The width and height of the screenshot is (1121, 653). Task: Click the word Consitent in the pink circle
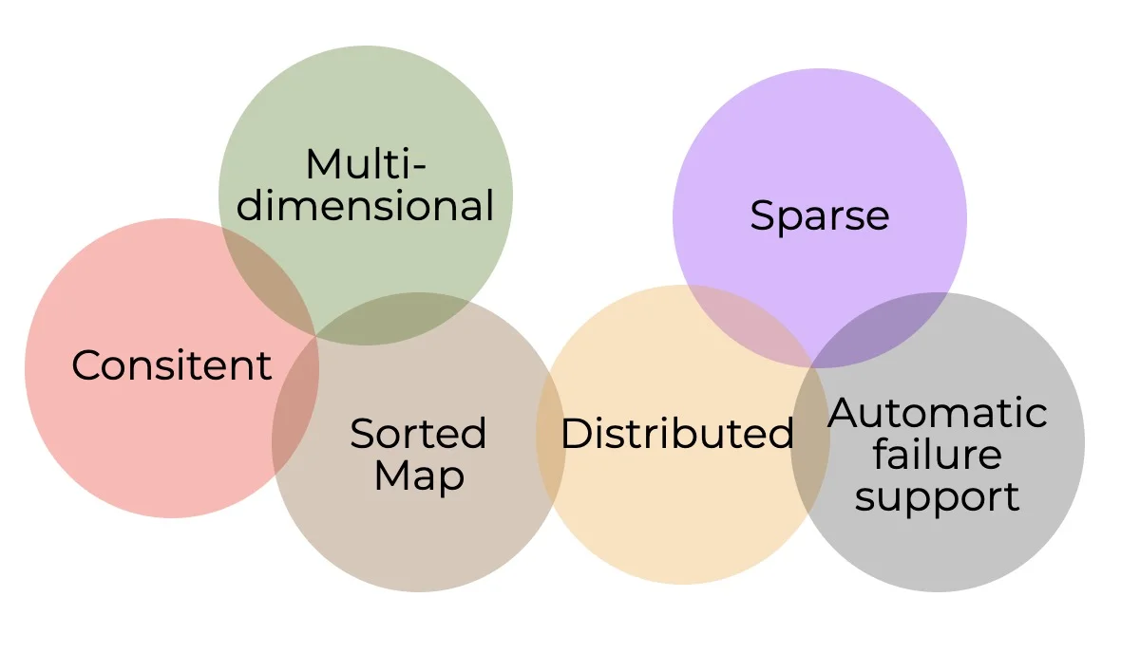(172, 365)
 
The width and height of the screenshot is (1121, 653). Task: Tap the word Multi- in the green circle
(366, 164)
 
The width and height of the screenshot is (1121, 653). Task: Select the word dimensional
(366, 206)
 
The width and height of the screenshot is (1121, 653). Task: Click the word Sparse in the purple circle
(819, 215)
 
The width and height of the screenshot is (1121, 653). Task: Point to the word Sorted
(418, 434)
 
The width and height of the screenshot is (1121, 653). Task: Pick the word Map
(420, 476)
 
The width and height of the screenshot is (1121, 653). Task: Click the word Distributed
(677, 433)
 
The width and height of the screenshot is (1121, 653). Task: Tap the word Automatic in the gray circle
(938, 412)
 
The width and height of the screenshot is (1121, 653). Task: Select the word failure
(938, 455)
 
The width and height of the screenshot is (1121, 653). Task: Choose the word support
(938, 497)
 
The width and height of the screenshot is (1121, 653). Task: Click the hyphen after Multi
(420, 169)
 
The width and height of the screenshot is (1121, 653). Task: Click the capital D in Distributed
(577, 433)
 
